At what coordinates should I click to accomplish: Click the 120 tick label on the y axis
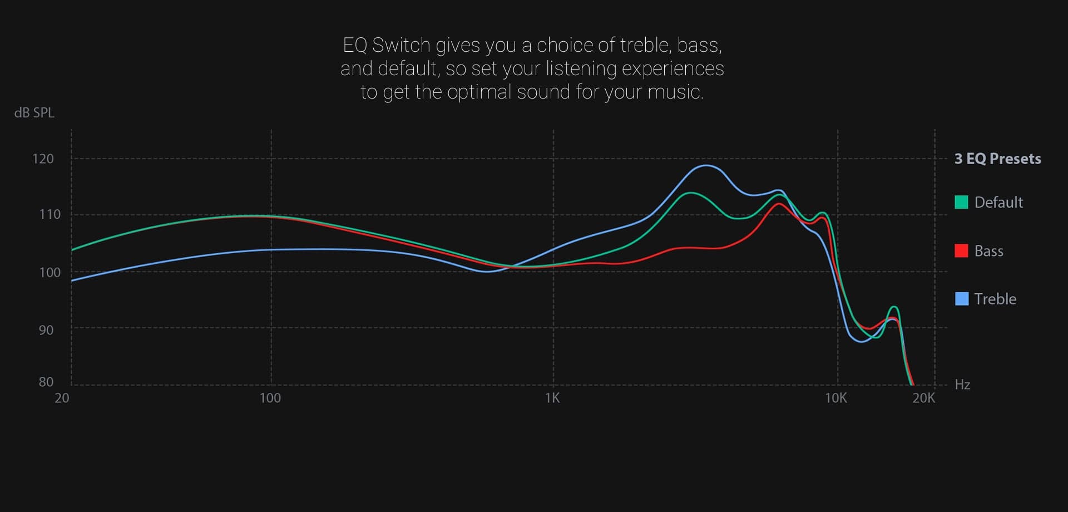[x=43, y=159]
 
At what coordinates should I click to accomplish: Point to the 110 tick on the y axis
[x=50, y=214]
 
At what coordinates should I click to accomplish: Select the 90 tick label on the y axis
[x=46, y=330]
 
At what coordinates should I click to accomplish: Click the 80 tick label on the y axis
[x=46, y=382]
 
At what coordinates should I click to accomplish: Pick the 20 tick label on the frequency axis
[x=62, y=398]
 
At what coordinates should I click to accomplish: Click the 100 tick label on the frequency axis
[x=270, y=398]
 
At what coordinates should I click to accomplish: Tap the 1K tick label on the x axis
[x=552, y=398]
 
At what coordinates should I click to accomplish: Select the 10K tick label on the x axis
[x=836, y=398]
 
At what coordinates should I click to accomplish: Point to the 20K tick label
[x=924, y=398]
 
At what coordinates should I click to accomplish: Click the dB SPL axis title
[x=34, y=112]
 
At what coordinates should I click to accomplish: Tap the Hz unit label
[x=962, y=385]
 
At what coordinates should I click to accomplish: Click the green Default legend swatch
[x=961, y=202]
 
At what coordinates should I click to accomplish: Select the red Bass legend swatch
[x=961, y=250]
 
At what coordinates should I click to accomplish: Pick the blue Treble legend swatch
[x=961, y=299]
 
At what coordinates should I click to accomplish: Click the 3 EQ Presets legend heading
[x=998, y=159]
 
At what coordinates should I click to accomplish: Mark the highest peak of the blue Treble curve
[x=705, y=165]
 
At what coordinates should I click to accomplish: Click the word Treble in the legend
[x=995, y=299]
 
